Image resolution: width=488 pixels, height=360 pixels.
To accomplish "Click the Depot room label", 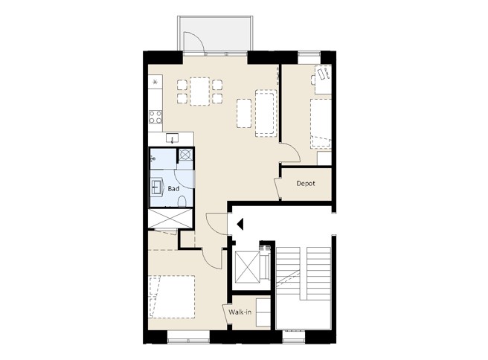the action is tap(306, 184).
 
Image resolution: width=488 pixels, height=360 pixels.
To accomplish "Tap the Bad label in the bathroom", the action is tap(173, 189).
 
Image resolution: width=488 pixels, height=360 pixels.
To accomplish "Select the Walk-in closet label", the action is tap(240, 312).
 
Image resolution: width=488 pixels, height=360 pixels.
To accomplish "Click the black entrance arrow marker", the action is tap(240, 224).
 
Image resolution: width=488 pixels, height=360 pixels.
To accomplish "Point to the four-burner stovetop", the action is tap(155, 117).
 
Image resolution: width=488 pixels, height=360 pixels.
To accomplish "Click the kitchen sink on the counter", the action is tap(172, 138).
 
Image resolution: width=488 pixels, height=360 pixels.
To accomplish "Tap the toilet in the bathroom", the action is tap(182, 202).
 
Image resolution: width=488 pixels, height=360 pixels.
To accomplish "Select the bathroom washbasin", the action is tap(157, 187).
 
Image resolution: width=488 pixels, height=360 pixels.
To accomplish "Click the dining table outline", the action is tap(199, 91).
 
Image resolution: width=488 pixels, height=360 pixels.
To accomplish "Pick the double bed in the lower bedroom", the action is tap(172, 297).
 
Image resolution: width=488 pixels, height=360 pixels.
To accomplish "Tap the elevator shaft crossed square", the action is tap(248, 267).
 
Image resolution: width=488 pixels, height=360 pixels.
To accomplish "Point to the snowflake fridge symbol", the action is tap(155, 82).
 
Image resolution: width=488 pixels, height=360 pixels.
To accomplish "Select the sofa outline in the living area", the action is tap(266, 113).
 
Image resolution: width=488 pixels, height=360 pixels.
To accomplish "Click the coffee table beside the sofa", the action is tap(244, 113).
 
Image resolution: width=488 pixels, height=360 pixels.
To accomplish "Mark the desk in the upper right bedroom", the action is tap(323, 80).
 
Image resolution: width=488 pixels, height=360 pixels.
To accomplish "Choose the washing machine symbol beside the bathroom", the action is tap(185, 154).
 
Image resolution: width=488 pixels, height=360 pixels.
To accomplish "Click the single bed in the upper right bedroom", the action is tap(321, 123).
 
